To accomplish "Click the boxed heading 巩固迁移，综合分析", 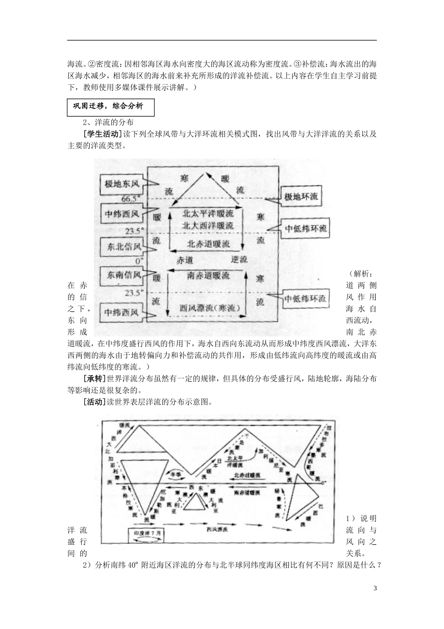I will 111,106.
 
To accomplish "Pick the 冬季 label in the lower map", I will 174,473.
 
